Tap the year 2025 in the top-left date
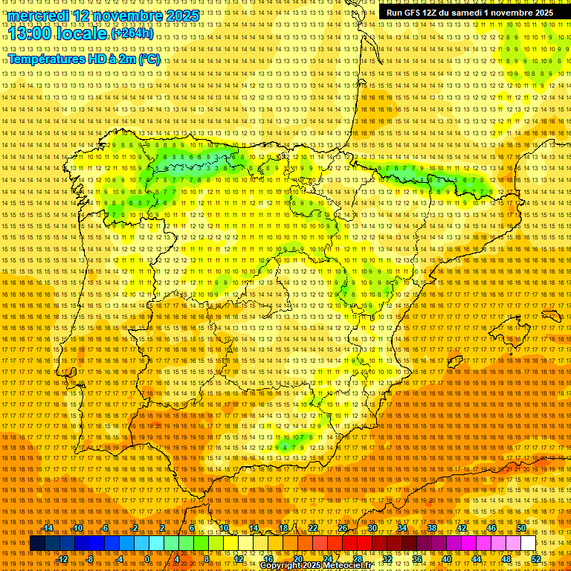(181, 16)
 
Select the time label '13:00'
(33, 33)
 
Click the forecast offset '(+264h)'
(132, 33)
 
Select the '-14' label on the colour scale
(48, 528)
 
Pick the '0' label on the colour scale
(148, 559)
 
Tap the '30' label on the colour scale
(372, 528)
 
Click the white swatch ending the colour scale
(529, 543)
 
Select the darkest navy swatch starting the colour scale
(37, 543)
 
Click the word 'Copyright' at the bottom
(280, 566)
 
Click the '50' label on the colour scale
(521, 528)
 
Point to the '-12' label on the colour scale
(62, 559)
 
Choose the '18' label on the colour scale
(283, 528)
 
